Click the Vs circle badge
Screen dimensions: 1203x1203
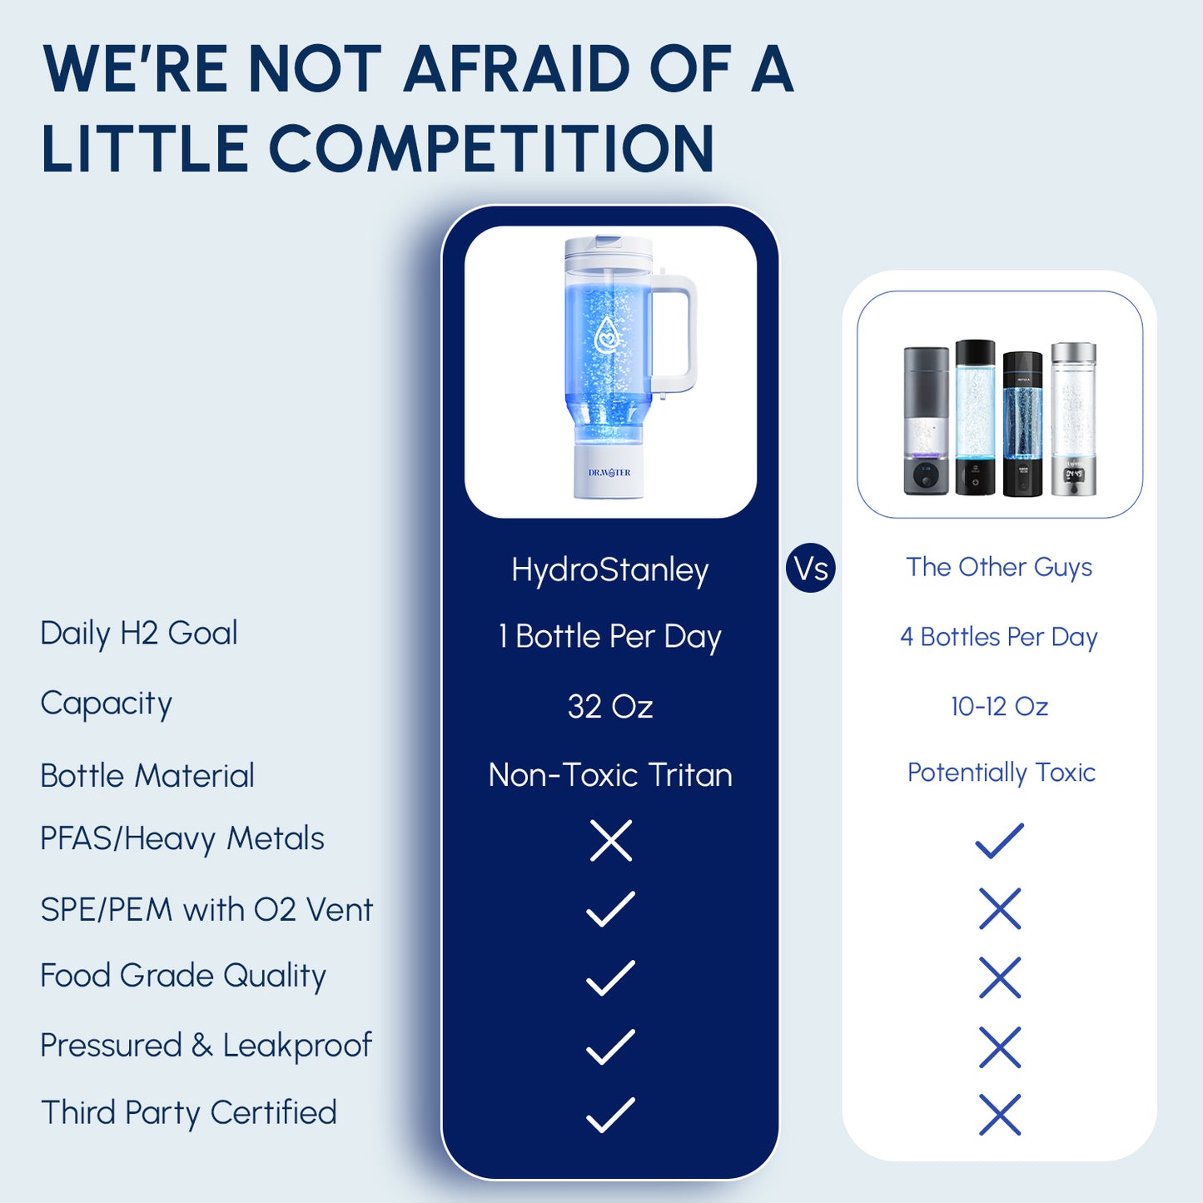pos(810,569)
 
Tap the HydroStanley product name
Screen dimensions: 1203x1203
pos(609,570)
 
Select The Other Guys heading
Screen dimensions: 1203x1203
pos(999,567)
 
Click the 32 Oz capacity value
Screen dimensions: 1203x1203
pos(609,707)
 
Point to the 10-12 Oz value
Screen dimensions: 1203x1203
pos(999,707)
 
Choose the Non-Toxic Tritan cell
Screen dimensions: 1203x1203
pos(609,775)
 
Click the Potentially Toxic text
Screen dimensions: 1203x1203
pos(1001,773)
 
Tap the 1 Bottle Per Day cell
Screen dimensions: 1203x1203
pos(609,637)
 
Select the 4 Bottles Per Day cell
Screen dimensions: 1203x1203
pos(999,637)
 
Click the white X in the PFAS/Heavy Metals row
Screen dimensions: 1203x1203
pos(610,840)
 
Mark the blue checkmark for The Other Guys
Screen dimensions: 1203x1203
pos(999,841)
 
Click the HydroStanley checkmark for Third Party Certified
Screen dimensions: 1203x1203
pos(610,1115)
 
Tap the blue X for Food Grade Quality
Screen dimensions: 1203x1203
pos(1000,977)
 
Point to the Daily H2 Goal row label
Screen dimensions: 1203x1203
pos(139,634)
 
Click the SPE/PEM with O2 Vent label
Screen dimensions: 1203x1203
pos(206,909)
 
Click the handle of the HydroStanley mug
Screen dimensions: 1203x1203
pos(679,333)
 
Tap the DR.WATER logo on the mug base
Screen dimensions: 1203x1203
pos(609,473)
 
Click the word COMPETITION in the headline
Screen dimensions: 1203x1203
pos(491,148)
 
